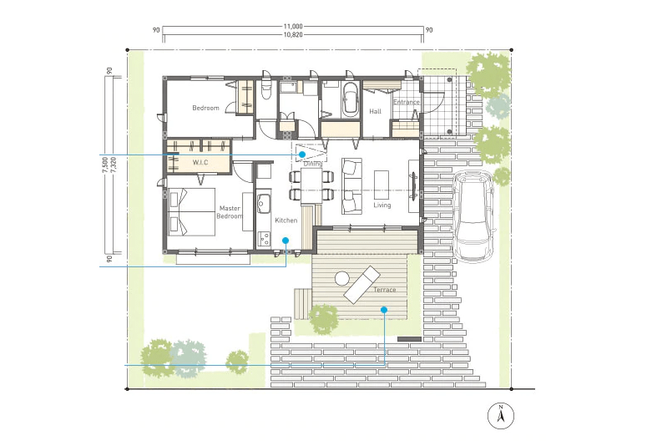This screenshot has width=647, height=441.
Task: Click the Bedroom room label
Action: click(x=205, y=109)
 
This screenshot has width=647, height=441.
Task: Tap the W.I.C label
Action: click(x=200, y=163)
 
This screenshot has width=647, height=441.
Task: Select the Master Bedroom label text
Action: click(x=230, y=212)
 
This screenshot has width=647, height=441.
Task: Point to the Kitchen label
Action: click(x=286, y=220)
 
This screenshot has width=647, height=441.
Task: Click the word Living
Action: click(x=382, y=205)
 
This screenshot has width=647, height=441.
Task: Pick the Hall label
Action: click(x=375, y=111)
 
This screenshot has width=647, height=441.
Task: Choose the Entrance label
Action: click(x=407, y=102)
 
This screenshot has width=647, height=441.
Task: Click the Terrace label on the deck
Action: click(x=385, y=290)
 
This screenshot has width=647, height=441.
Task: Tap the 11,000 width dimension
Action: click(x=293, y=27)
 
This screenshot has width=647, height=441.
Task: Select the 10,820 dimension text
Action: click(x=293, y=35)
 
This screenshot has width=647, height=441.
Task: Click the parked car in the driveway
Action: click(x=473, y=216)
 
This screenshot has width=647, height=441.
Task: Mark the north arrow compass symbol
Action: click(x=501, y=416)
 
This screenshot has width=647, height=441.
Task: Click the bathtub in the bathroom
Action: click(x=350, y=99)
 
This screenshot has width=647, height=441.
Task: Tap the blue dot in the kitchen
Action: click(x=286, y=241)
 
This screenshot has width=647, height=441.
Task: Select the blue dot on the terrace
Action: click(x=384, y=309)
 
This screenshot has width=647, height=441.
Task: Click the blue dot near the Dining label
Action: click(x=302, y=154)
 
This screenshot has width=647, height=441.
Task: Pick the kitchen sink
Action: click(x=263, y=202)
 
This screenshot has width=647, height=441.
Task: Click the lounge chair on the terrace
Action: click(x=361, y=285)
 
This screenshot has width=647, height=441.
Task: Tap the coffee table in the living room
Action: click(x=382, y=185)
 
